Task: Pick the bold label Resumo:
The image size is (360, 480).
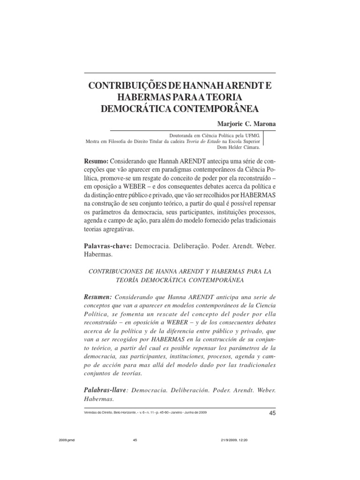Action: [x=96, y=161]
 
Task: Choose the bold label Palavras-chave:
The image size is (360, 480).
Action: [x=107, y=246]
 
